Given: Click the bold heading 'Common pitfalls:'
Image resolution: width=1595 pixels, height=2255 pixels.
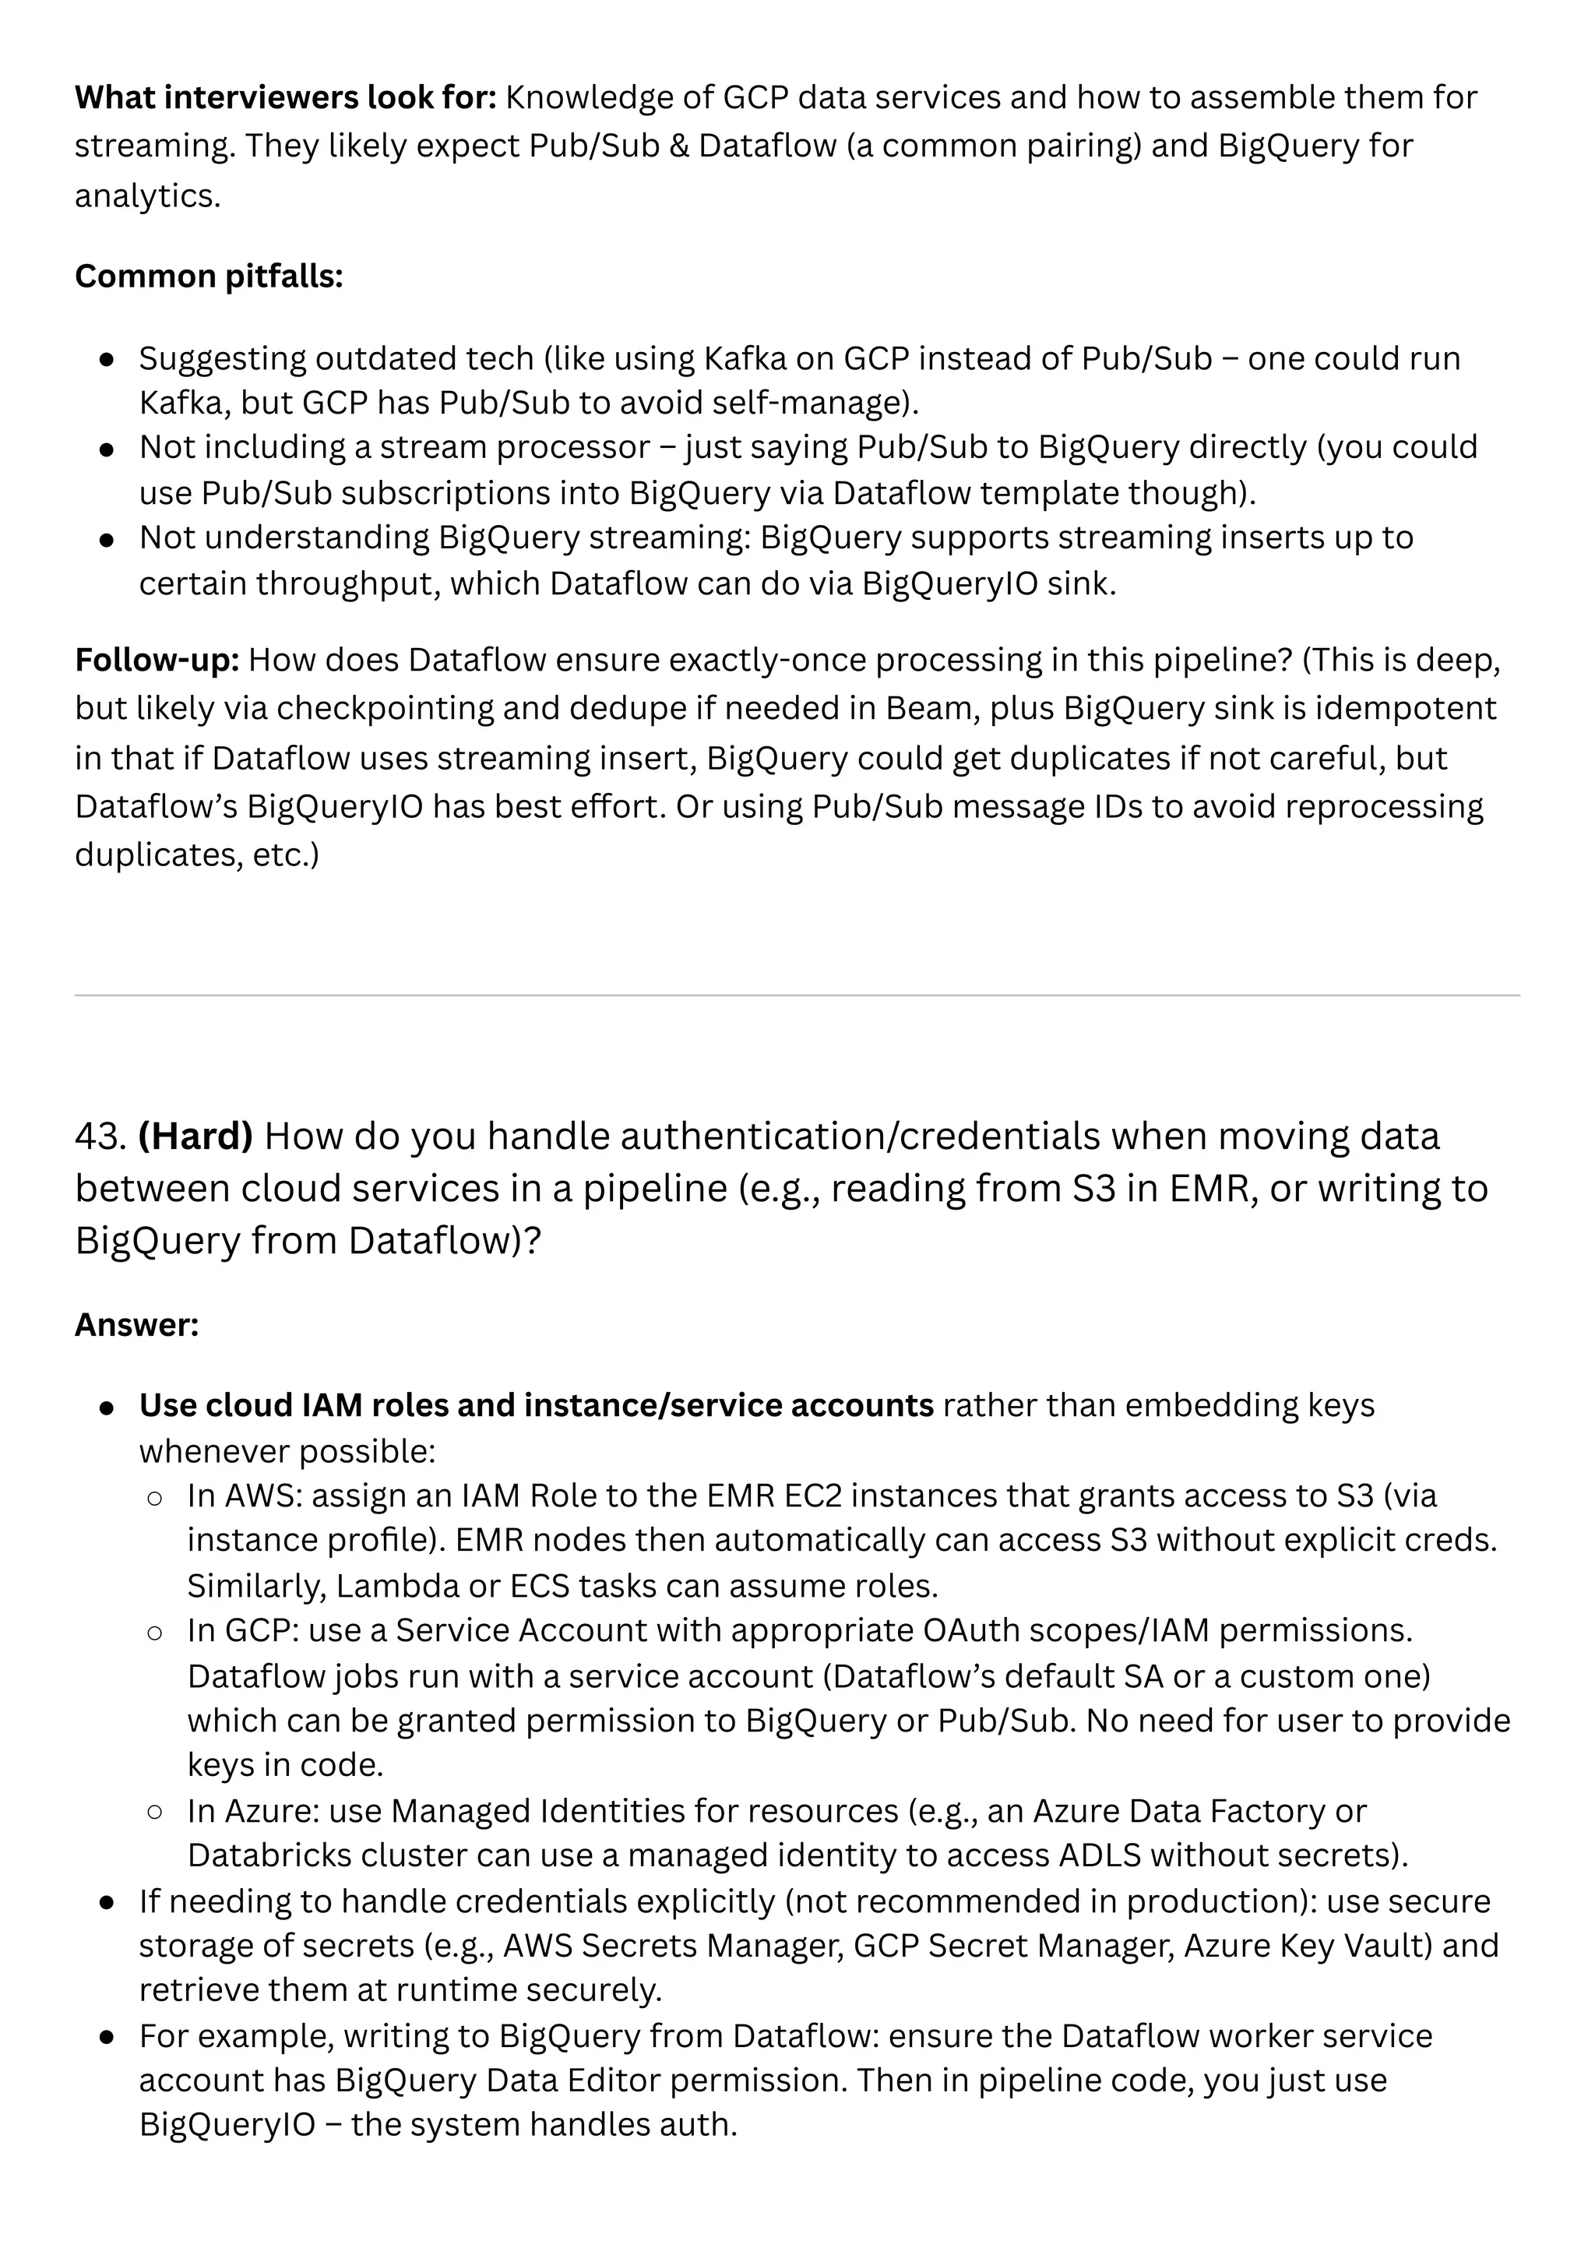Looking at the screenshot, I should (208, 277).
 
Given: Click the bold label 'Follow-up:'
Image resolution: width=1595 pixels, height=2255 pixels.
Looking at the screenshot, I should (157, 660).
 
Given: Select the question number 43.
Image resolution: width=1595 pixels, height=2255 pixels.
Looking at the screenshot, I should (100, 1136).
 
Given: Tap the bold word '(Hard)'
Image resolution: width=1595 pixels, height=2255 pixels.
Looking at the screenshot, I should (195, 1136).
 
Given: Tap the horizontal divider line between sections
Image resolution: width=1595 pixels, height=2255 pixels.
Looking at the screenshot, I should (797, 995).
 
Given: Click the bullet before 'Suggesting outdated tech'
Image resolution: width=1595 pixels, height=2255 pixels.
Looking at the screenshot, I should (108, 359).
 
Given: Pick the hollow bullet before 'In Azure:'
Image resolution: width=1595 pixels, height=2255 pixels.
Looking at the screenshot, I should (154, 1811).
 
